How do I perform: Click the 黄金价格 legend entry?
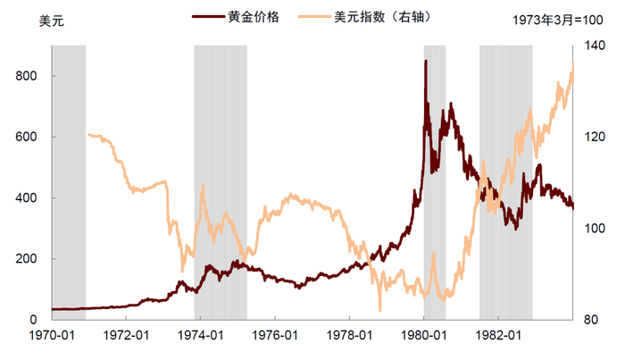pos(254,17)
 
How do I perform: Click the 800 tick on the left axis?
pos(27,77)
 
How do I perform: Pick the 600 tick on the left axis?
pos(27,138)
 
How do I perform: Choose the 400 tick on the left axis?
pos(27,198)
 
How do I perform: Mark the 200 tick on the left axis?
pos(27,259)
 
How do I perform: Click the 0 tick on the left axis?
pos(34,320)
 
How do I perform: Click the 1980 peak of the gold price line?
pos(425,61)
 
